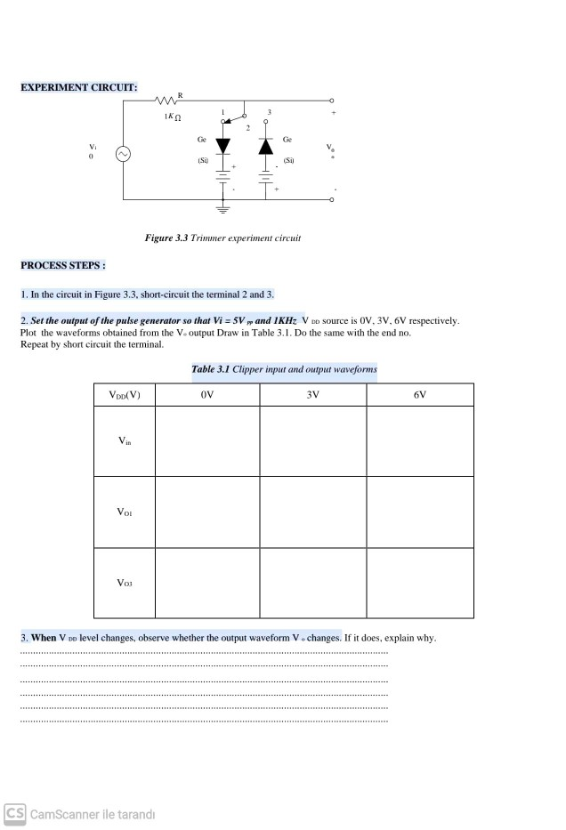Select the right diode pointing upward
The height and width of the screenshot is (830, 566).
tap(264, 146)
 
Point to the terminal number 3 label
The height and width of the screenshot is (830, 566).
tap(269, 112)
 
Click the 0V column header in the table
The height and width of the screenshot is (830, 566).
tap(206, 394)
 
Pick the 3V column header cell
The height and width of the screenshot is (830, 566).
tap(312, 394)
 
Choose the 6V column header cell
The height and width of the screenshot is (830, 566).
tap(419, 394)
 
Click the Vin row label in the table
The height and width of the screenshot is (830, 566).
tap(124, 440)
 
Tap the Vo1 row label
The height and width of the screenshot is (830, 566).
tap(124, 512)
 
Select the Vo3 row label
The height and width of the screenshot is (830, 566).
tap(124, 583)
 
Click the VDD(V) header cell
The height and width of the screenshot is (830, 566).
tap(124, 394)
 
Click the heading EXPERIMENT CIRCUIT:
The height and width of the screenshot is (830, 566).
tap(78, 86)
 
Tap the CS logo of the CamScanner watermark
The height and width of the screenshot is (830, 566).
tap(14, 814)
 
